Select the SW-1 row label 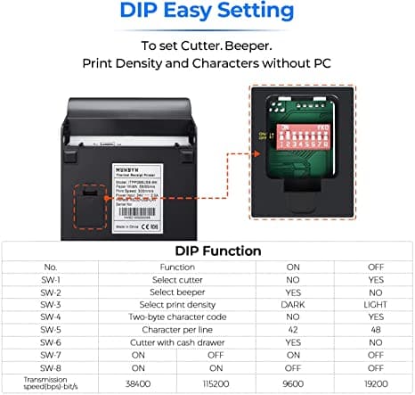pos(50,279)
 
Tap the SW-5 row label pos(50,329)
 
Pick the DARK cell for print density pos(292,304)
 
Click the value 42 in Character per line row pos(292,329)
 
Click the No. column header pos(50,267)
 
